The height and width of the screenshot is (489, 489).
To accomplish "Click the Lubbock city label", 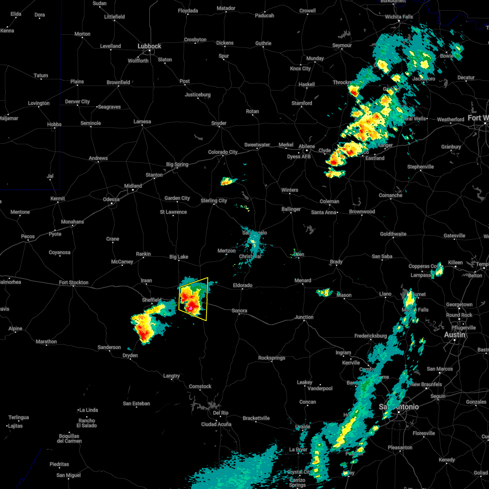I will pos(149,46).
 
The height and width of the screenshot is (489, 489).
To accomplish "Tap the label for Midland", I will pos(133,186).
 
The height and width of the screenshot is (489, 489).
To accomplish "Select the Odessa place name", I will pos(111,199).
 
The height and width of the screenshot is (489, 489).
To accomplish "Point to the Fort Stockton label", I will pos(73,282).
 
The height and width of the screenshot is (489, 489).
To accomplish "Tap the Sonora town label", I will pos(239,311).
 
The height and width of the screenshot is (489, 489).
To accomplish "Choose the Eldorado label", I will pos(242,285).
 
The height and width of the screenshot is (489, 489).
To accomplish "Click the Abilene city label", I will pos(306,146).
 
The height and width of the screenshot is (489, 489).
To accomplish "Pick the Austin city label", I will pos(454,335).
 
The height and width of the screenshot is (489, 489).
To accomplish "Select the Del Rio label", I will pos(220,413).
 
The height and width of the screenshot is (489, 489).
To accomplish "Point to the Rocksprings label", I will pos(272,358).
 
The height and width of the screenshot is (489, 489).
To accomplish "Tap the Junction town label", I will pos(304,317).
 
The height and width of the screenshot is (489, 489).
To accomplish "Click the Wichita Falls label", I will pos(399,17).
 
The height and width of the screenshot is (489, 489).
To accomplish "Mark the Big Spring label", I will pos(177,164).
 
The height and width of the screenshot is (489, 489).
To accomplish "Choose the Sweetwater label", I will pos(257,145).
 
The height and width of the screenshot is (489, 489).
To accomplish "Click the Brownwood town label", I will pos(362,211).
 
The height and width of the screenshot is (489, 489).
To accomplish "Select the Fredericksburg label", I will pos(370,336).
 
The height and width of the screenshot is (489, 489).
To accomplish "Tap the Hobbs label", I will pos(54,124).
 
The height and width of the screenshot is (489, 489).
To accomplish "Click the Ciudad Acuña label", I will pos(216,424).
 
